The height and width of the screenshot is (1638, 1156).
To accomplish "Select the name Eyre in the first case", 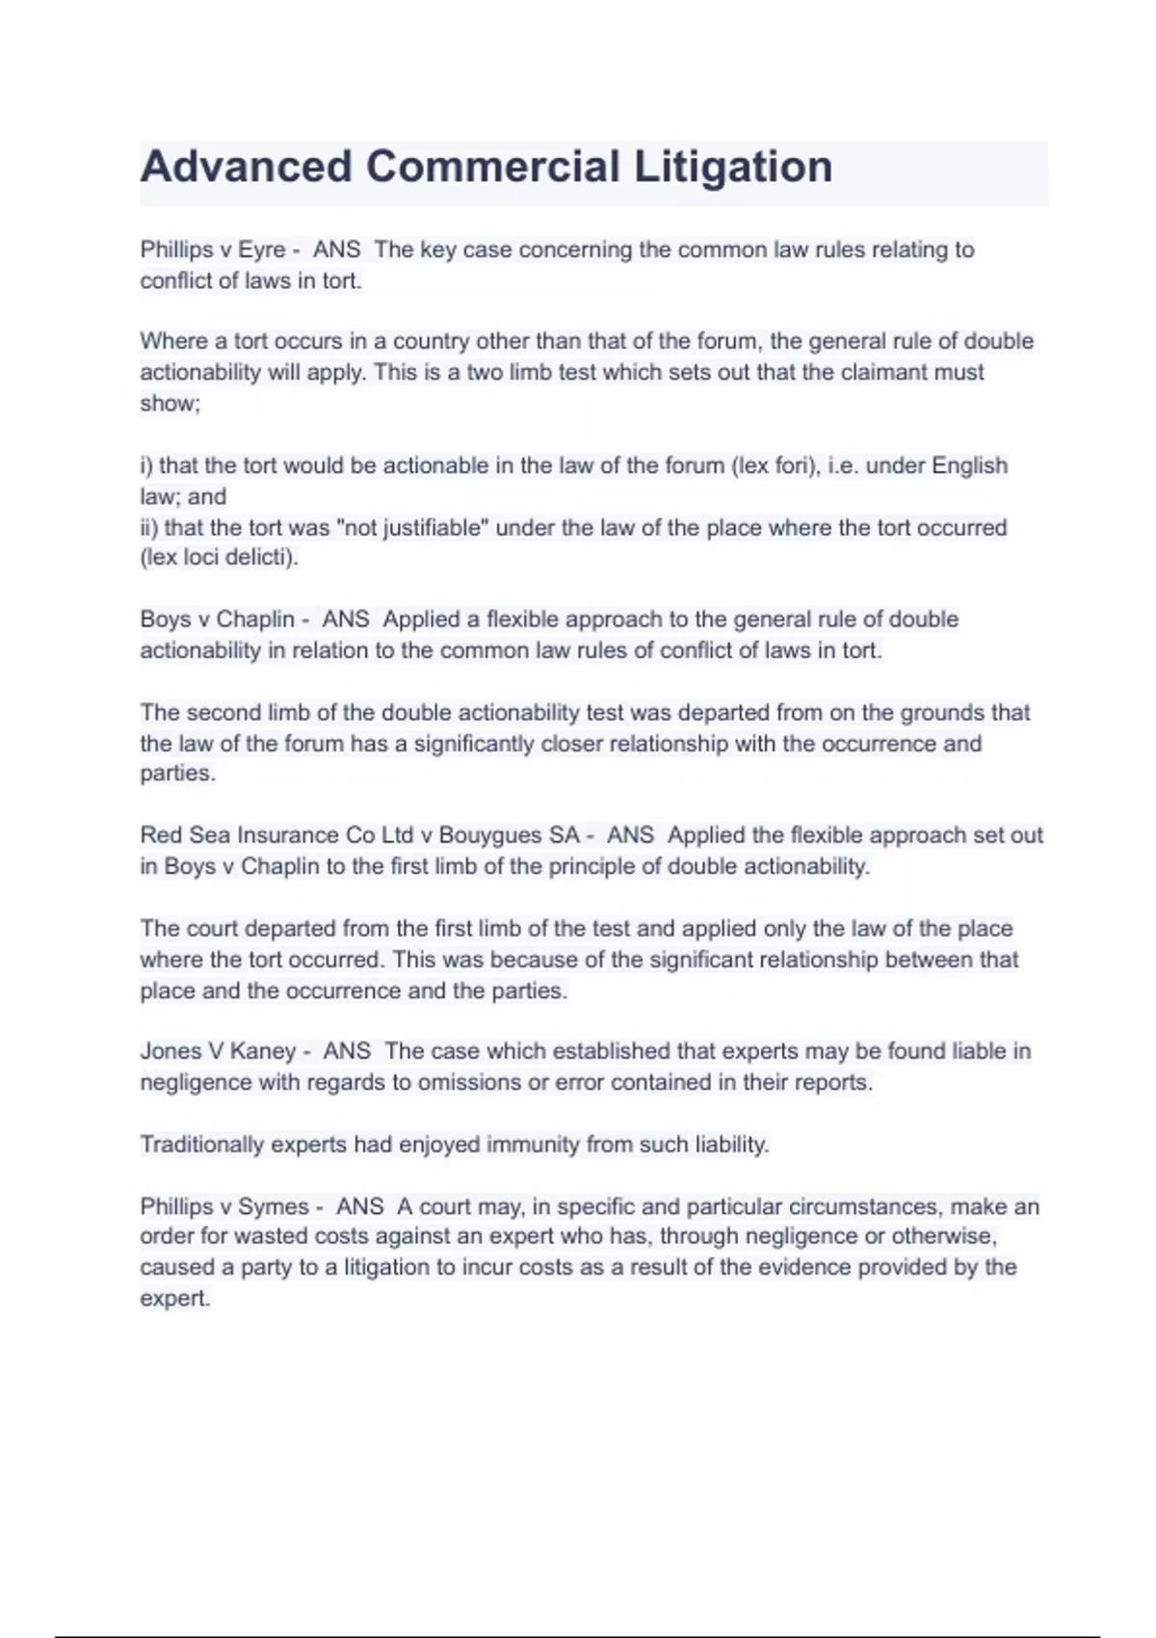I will [x=261, y=250].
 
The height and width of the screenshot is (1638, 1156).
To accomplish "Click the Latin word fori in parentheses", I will [x=795, y=465].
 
